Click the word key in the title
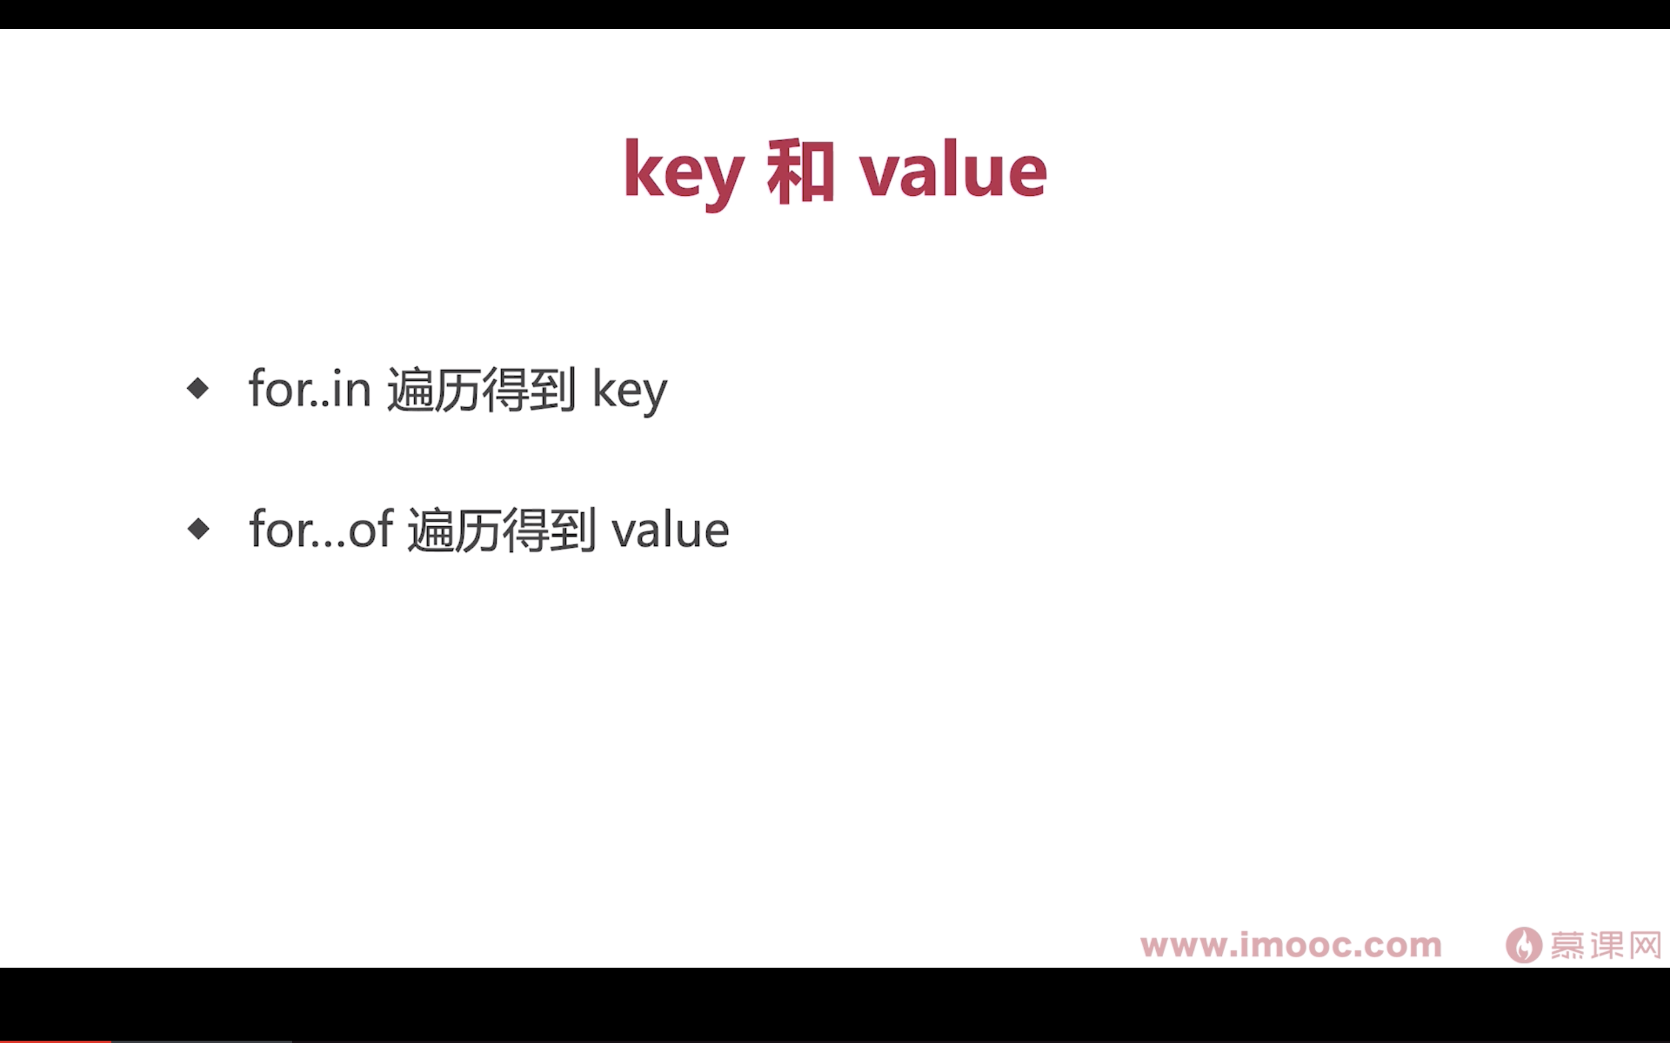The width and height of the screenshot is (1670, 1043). coord(684,174)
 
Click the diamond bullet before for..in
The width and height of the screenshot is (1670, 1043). coord(198,388)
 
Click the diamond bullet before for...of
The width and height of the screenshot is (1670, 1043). coord(198,529)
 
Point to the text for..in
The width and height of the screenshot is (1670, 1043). coord(310,388)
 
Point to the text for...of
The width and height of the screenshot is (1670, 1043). coord(321,529)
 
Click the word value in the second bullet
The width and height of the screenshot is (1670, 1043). coord(670,529)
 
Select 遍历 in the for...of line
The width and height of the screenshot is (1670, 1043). coord(454,530)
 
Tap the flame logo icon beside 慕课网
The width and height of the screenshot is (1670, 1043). coord(1524,944)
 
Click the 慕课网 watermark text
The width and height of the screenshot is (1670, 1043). coord(1606,945)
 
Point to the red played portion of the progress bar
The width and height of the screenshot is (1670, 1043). coord(55,1041)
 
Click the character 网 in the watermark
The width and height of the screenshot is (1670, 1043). coord(1645,945)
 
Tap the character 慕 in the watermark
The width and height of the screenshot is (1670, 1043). coord(1568,945)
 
